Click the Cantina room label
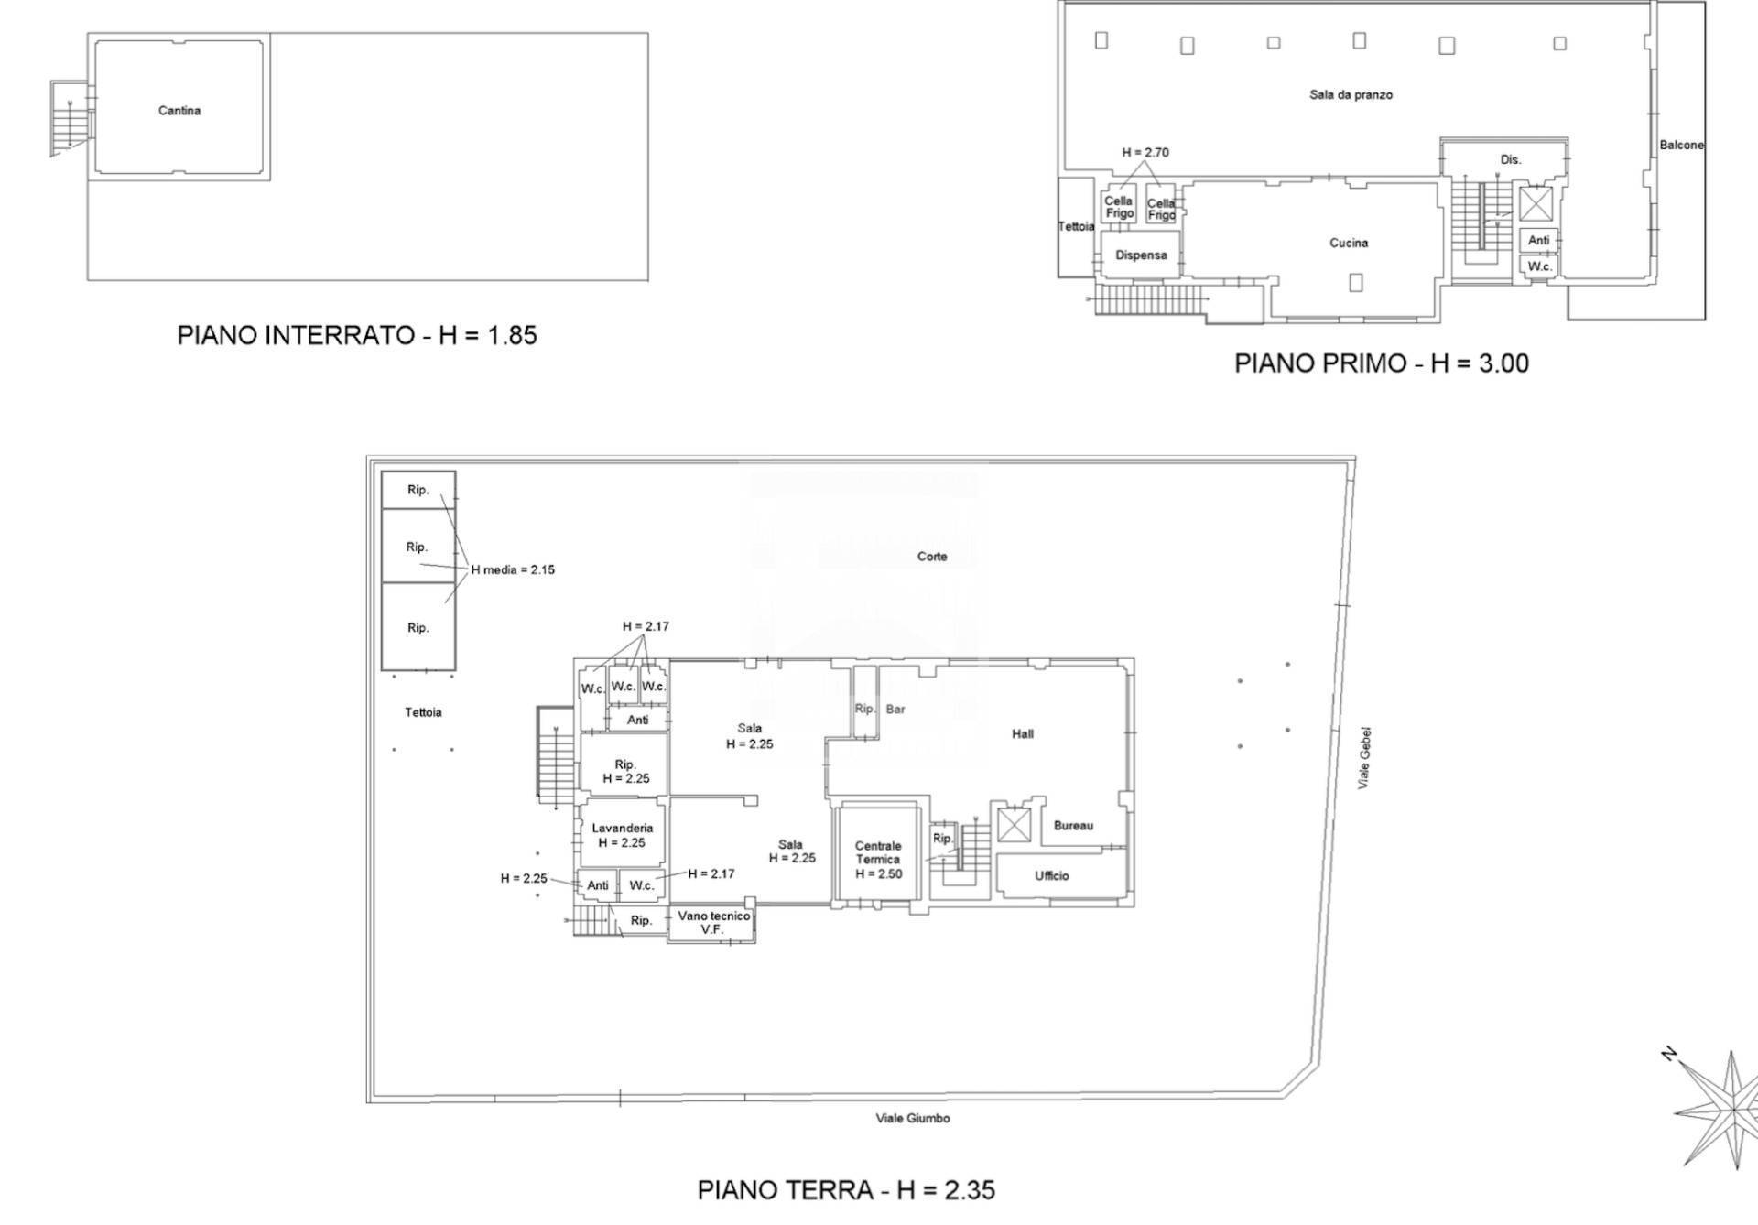pyautogui.click(x=179, y=111)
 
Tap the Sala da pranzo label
pyautogui.click(x=1351, y=94)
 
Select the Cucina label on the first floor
pyautogui.click(x=1348, y=243)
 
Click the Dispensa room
pyautogui.click(x=1141, y=255)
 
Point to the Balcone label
pyautogui.click(x=1681, y=145)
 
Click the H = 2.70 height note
pyautogui.click(x=1145, y=153)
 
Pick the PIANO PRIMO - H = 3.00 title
pyautogui.click(x=1381, y=363)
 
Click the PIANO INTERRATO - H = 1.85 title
pyautogui.click(x=357, y=335)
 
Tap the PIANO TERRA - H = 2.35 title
pyautogui.click(x=846, y=1190)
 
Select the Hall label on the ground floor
pyautogui.click(x=1023, y=733)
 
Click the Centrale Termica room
pyautogui.click(x=878, y=860)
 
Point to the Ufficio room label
pyautogui.click(x=1051, y=876)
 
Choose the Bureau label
pyautogui.click(x=1073, y=826)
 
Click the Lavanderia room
pyautogui.click(x=622, y=835)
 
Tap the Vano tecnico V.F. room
pyautogui.click(x=713, y=922)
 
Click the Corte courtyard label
pyautogui.click(x=932, y=557)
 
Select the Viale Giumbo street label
pyautogui.click(x=912, y=1118)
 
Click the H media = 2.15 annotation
pyautogui.click(x=513, y=569)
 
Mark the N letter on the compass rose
pyautogui.click(x=1669, y=1055)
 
